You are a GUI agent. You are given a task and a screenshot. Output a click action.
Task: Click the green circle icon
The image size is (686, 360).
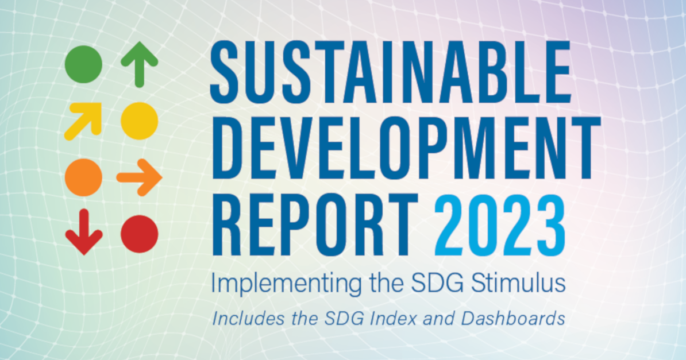[84, 64]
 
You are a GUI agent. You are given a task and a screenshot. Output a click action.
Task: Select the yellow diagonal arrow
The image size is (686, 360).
[83, 121]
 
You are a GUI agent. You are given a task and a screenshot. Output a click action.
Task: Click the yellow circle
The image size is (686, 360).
[139, 121]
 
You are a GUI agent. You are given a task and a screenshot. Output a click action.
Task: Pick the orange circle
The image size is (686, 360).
[84, 177]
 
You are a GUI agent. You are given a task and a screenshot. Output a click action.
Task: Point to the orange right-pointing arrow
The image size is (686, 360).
[139, 177]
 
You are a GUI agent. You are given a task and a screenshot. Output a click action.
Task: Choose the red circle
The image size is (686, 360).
[139, 234]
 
